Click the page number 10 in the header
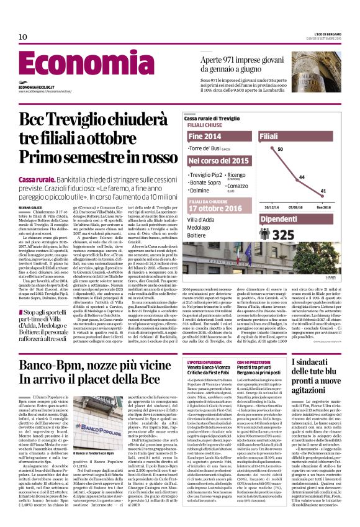coord(23,37)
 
